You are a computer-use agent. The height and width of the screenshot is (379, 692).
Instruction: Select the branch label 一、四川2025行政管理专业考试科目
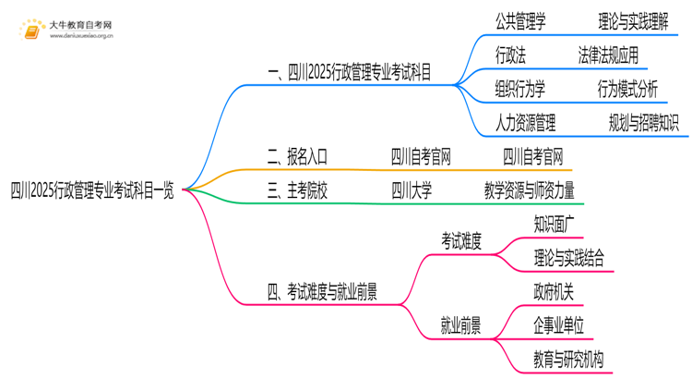click(349, 71)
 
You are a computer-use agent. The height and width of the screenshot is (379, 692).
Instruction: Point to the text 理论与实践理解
click(632, 20)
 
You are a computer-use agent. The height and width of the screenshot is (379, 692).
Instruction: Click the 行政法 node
click(510, 55)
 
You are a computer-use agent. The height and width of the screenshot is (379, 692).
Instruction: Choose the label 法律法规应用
click(607, 55)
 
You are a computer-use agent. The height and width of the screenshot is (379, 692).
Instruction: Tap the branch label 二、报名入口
click(295, 156)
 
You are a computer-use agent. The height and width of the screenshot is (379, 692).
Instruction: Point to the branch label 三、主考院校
click(295, 190)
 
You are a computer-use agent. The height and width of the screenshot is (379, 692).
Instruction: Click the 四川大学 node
click(412, 190)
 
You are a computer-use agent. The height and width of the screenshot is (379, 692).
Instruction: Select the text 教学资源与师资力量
click(529, 190)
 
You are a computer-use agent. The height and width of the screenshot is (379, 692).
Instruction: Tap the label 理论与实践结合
click(569, 257)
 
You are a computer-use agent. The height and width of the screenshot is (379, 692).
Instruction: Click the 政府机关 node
click(554, 292)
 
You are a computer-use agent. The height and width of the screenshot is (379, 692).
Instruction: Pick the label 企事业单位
click(559, 325)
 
